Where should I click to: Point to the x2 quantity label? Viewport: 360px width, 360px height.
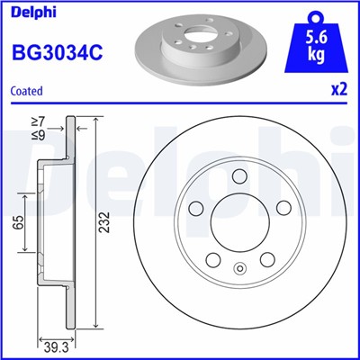[340, 91]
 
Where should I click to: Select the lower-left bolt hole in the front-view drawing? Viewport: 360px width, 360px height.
[213, 259]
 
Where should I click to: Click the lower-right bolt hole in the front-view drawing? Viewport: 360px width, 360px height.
[267, 259]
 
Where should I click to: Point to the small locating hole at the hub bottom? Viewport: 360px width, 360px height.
[239, 267]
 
